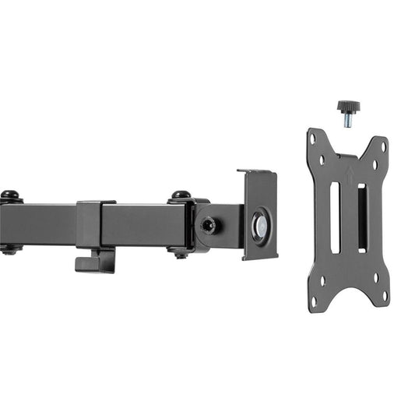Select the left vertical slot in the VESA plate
tap(335, 219)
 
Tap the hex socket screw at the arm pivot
tap(208, 224)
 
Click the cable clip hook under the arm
tap(94, 262)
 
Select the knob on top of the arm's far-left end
tap(9, 195)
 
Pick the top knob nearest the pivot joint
tap(181, 195)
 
